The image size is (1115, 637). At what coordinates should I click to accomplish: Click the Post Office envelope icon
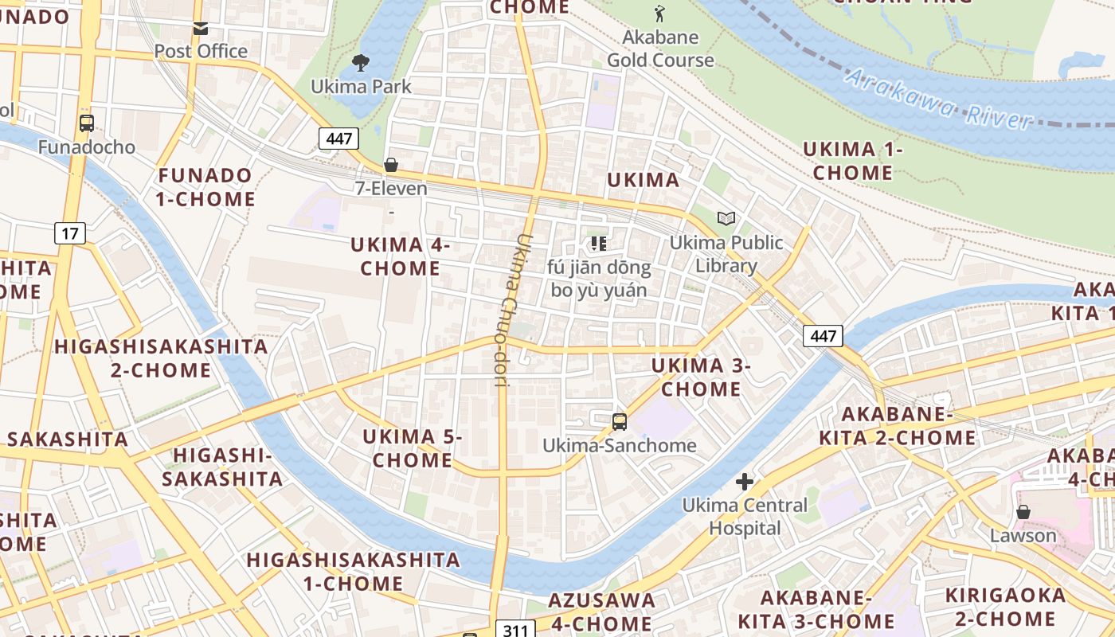tap(201, 29)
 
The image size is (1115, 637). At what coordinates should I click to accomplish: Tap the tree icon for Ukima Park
tap(361, 63)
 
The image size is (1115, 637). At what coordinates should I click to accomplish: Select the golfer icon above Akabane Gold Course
tap(659, 14)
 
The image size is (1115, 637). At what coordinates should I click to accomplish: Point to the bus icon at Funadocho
tap(87, 123)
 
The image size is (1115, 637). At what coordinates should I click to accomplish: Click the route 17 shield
tap(70, 233)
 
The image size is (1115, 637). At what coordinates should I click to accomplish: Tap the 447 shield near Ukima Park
tap(338, 139)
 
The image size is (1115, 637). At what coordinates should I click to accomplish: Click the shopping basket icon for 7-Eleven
tap(391, 166)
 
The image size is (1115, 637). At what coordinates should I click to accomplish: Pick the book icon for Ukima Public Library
tap(726, 218)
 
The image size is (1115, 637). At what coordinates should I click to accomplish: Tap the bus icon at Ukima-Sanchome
tap(619, 421)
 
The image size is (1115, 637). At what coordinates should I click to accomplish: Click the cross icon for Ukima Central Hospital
tap(745, 482)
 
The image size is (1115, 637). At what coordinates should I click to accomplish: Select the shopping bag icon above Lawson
tap(1023, 512)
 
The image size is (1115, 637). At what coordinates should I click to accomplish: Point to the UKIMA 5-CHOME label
tap(413, 448)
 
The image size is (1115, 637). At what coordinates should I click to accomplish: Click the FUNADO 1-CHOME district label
tap(205, 187)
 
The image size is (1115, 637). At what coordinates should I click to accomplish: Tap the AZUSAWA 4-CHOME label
tap(601, 611)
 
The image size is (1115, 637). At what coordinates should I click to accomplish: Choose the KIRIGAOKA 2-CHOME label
tap(1005, 607)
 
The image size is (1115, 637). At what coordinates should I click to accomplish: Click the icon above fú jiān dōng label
tap(599, 244)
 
